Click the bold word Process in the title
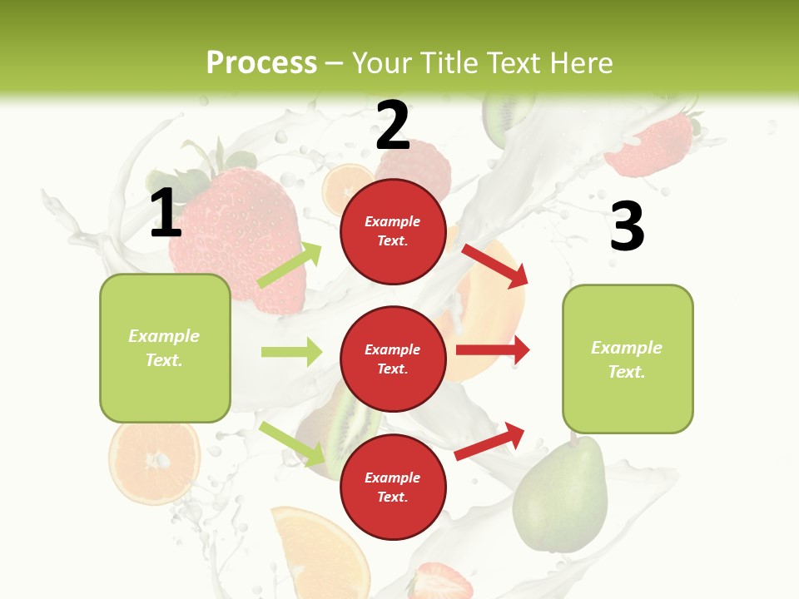(261, 63)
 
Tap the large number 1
(166, 214)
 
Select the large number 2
(393, 126)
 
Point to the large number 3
(627, 226)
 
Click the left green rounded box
(165, 348)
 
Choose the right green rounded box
(628, 359)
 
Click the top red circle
(393, 231)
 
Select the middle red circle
(393, 359)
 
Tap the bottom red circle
(393, 487)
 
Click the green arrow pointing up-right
(290, 265)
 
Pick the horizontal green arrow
(291, 352)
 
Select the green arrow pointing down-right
(291, 443)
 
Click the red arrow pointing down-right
(494, 265)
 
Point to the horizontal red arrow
(492, 349)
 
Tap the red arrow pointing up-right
(490, 442)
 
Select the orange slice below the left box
(154, 461)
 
